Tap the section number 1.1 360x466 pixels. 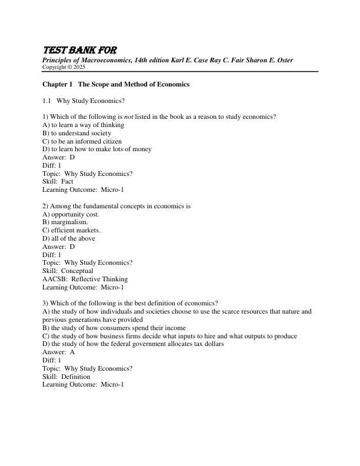(x=48, y=101)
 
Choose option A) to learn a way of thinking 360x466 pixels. (x=84, y=125)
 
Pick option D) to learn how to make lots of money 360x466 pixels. (x=97, y=149)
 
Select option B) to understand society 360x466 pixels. (x=77, y=133)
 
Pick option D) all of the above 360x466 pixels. (x=69, y=239)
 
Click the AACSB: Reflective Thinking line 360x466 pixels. (x=85, y=279)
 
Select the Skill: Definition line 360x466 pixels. (x=66, y=377)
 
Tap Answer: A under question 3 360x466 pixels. (x=59, y=352)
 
